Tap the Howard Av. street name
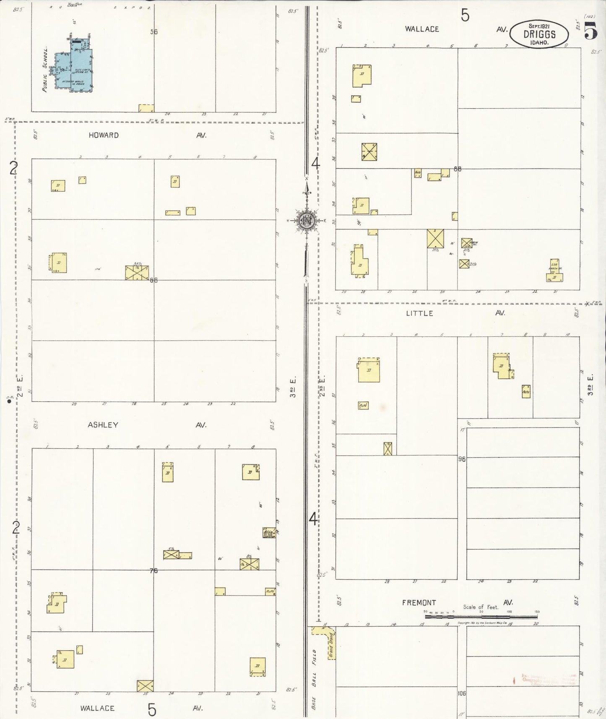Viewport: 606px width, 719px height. point(103,135)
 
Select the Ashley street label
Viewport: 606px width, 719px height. point(103,425)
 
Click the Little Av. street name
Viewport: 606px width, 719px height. point(419,313)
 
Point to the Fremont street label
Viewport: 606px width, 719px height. point(419,602)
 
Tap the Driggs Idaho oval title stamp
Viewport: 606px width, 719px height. point(539,34)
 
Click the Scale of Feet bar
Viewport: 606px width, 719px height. point(481,617)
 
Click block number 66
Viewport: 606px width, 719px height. point(154,280)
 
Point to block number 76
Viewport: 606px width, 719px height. point(153,570)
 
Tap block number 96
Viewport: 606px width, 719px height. point(462,459)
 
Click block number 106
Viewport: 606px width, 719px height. point(462,693)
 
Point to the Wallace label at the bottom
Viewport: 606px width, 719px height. point(97,708)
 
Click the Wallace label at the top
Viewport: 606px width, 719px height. point(422,29)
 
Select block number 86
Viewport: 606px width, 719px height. point(457,169)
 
